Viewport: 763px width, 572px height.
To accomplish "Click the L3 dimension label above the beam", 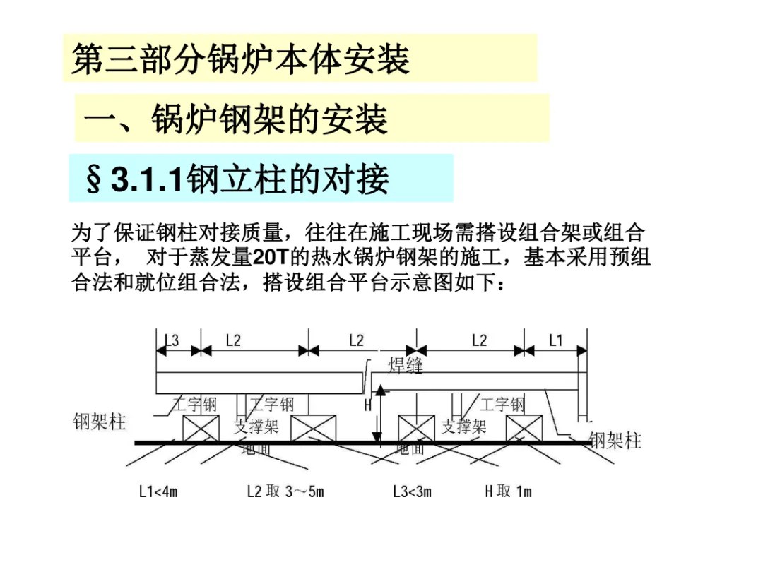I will (172, 341).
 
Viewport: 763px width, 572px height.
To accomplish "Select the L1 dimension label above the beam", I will (556, 341).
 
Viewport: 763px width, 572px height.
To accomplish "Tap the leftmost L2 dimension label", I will (233, 341).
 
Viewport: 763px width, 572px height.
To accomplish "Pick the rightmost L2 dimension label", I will (479, 341).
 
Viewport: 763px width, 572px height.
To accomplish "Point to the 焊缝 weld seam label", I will (406, 365).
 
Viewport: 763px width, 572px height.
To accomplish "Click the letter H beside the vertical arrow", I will (368, 405).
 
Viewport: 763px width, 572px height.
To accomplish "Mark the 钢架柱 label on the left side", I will (100, 422).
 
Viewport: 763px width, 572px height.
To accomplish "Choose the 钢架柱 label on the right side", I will (615, 441).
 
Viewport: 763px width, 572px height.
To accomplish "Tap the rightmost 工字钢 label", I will (502, 405).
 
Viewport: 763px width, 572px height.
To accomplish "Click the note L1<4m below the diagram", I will (158, 491).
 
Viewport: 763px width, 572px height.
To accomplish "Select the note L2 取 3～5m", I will (285, 491).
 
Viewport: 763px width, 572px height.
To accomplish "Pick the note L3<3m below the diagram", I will (412, 491).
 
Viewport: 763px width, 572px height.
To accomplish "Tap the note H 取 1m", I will (508, 491).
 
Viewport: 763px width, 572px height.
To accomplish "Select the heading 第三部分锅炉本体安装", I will (240, 59).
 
